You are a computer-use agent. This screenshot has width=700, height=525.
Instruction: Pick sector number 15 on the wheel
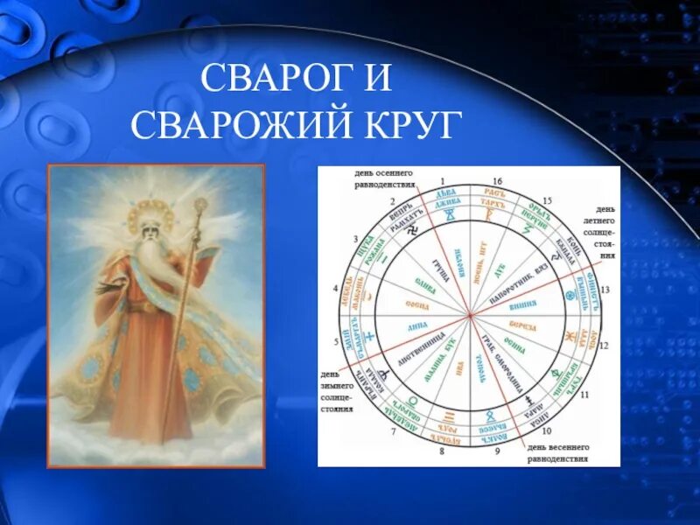(549, 201)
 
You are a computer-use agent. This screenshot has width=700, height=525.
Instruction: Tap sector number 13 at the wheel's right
(603, 289)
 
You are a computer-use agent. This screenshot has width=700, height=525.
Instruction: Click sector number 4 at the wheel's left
(336, 287)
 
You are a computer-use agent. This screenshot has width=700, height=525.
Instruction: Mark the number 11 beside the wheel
(584, 395)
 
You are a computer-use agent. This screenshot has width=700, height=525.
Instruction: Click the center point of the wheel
(470, 315)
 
